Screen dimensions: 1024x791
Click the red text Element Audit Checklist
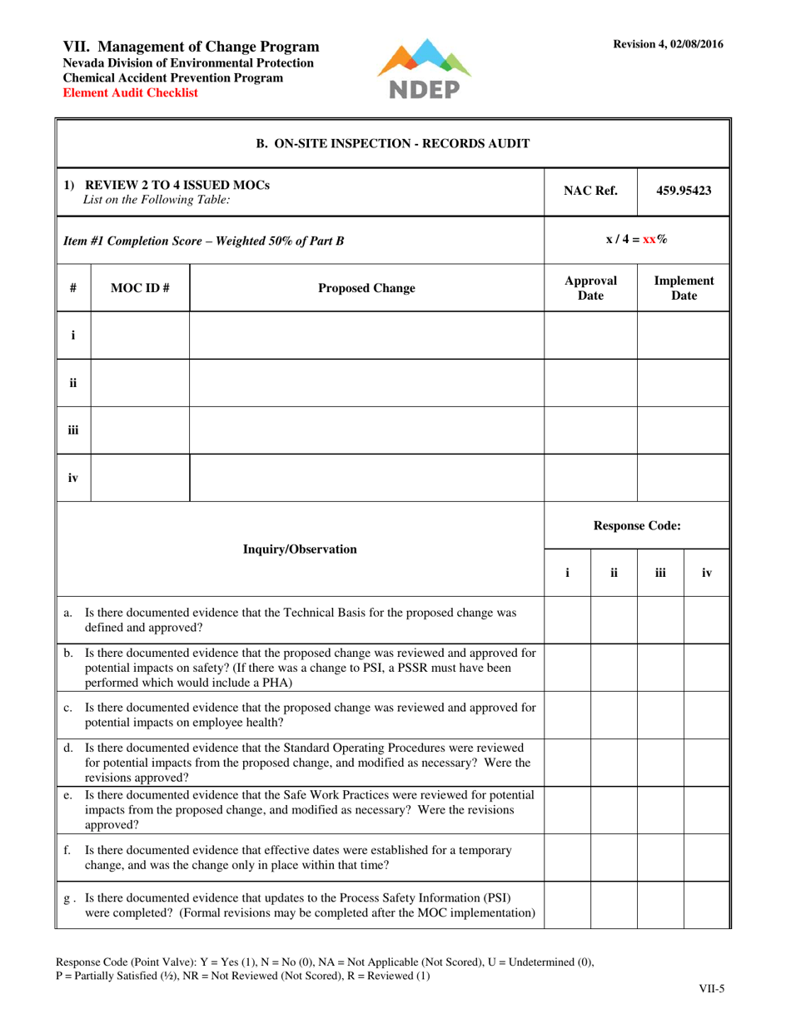(x=131, y=93)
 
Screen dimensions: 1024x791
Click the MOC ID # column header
(x=140, y=288)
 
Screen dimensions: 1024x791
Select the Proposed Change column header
(x=366, y=288)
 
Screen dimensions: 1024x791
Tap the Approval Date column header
(x=590, y=288)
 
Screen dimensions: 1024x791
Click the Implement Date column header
(x=683, y=288)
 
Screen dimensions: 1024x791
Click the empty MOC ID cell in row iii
(x=140, y=430)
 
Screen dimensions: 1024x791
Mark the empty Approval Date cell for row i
(x=590, y=336)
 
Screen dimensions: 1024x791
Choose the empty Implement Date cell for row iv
(x=683, y=478)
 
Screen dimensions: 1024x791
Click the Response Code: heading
(x=637, y=525)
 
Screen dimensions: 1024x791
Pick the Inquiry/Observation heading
(x=300, y=549)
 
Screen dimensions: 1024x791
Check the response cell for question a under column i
(x=568, y=619)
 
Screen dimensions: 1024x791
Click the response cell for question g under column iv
(x=706, y=906)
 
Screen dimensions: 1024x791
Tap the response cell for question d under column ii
(x=614, y=760)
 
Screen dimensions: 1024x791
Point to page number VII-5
(x=710, y=989)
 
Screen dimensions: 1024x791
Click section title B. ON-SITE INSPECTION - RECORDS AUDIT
(x=392, y=143)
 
